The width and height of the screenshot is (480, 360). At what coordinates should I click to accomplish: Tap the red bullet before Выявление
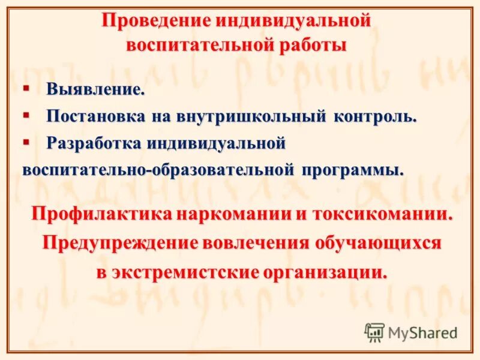coord(26,88)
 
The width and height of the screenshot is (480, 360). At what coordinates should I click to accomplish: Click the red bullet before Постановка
coord(26,114)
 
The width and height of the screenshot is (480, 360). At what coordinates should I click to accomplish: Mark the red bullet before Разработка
coord(26,142)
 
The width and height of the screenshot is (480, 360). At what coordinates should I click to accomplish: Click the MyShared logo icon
coord(374,332)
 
